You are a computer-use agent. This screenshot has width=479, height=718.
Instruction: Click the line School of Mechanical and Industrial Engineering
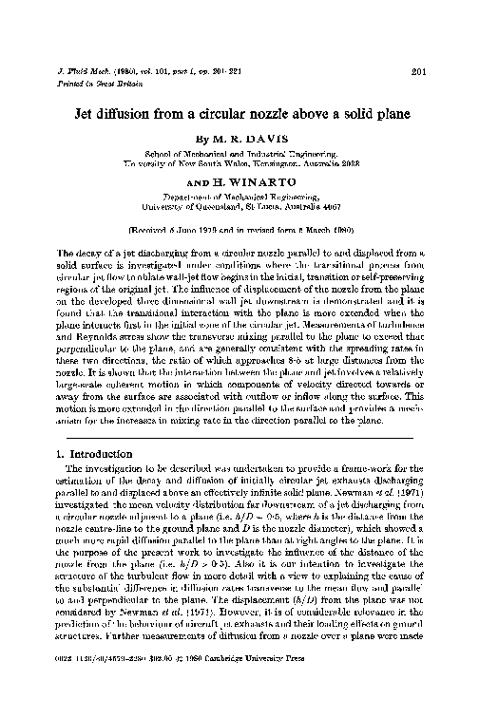click(x=239, y=153)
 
